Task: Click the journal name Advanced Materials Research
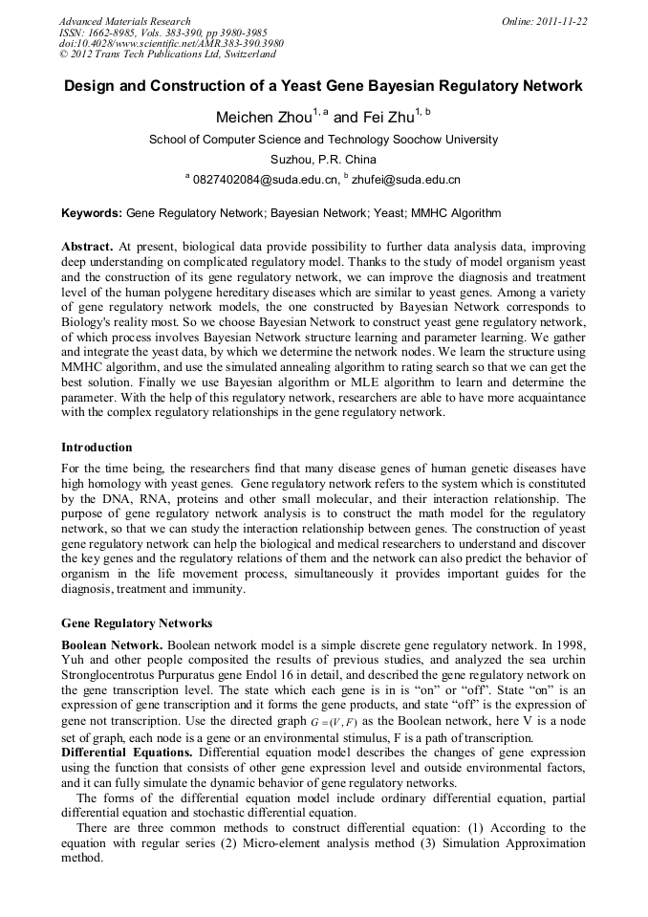[x=124, y=21]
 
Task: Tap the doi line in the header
[x=171, y=44]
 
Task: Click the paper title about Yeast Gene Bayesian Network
[x=323, y=86]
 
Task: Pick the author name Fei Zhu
[x=391, y=118]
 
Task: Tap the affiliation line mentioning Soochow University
[x=323, y=140]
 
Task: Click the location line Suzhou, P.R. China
[x=323, y=159]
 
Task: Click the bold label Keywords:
[x=92, y=213]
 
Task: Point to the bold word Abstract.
[x=88, y=246]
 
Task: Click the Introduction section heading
[x=97, y=448]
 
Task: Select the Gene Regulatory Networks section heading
[x=137, y=623]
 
